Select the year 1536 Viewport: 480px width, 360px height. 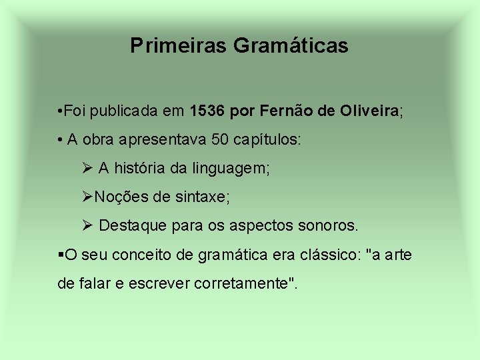[x=207, y=111]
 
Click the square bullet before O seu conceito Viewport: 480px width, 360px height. [x=61, y=255]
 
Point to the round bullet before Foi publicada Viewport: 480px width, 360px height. [x=61, y=111]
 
